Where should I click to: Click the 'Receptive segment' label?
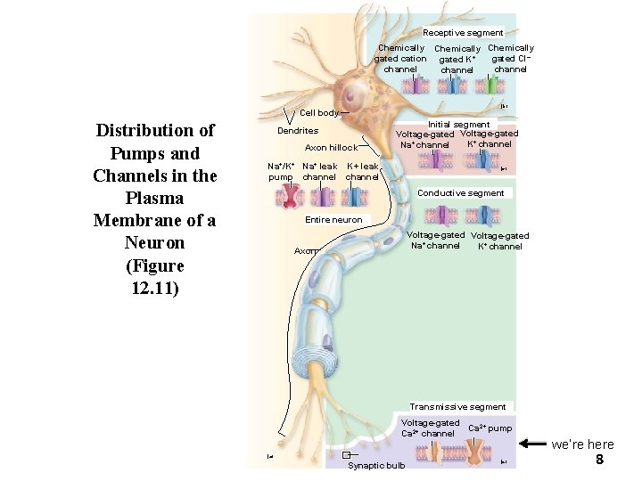point(463,33)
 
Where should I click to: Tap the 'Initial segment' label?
point(458,125)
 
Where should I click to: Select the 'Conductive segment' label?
point(461,193)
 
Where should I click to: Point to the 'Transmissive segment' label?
point(457,407)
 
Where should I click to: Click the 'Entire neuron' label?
point(333,220)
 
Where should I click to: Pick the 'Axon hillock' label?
point(331,148)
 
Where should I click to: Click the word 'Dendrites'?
point(298,131)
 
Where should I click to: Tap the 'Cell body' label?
point(318,113)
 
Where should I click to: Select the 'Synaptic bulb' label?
point(375,465)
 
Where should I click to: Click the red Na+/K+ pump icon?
point(290,197)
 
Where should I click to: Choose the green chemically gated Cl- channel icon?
point(487,85)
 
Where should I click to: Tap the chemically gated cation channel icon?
point(416,85)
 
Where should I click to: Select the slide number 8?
point(599,460)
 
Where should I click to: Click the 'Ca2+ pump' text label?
point(490,428)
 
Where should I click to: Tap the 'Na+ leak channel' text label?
point(319,171)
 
